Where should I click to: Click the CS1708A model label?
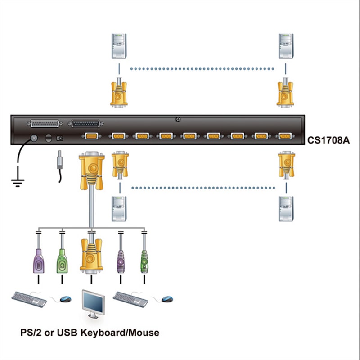click(328, 140)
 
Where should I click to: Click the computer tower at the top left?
click(119, 46)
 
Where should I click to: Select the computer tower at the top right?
click(286, 46)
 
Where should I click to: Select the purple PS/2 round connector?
click(120, 261)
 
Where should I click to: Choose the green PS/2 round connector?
click(144, 261)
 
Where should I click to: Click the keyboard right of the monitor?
click(131, 298)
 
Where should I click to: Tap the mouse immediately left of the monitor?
click(66, 299)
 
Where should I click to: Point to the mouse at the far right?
click(167, 299)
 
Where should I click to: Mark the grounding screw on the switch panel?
click(33, 139)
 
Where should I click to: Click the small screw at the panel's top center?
click(178, 119)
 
